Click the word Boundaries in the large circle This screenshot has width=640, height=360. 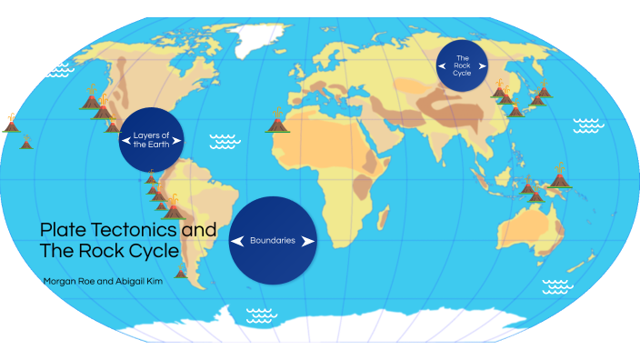[x=273, y=241]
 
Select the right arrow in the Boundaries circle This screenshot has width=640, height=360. [x=307, y=241]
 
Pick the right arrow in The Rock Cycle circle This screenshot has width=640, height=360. [x=482, y=67]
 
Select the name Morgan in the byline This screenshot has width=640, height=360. [x=60, y=281]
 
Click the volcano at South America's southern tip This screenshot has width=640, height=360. [x=182, y=270]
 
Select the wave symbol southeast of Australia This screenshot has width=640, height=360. [x=557, y=286]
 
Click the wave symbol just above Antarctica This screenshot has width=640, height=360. [x=261, y=315]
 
